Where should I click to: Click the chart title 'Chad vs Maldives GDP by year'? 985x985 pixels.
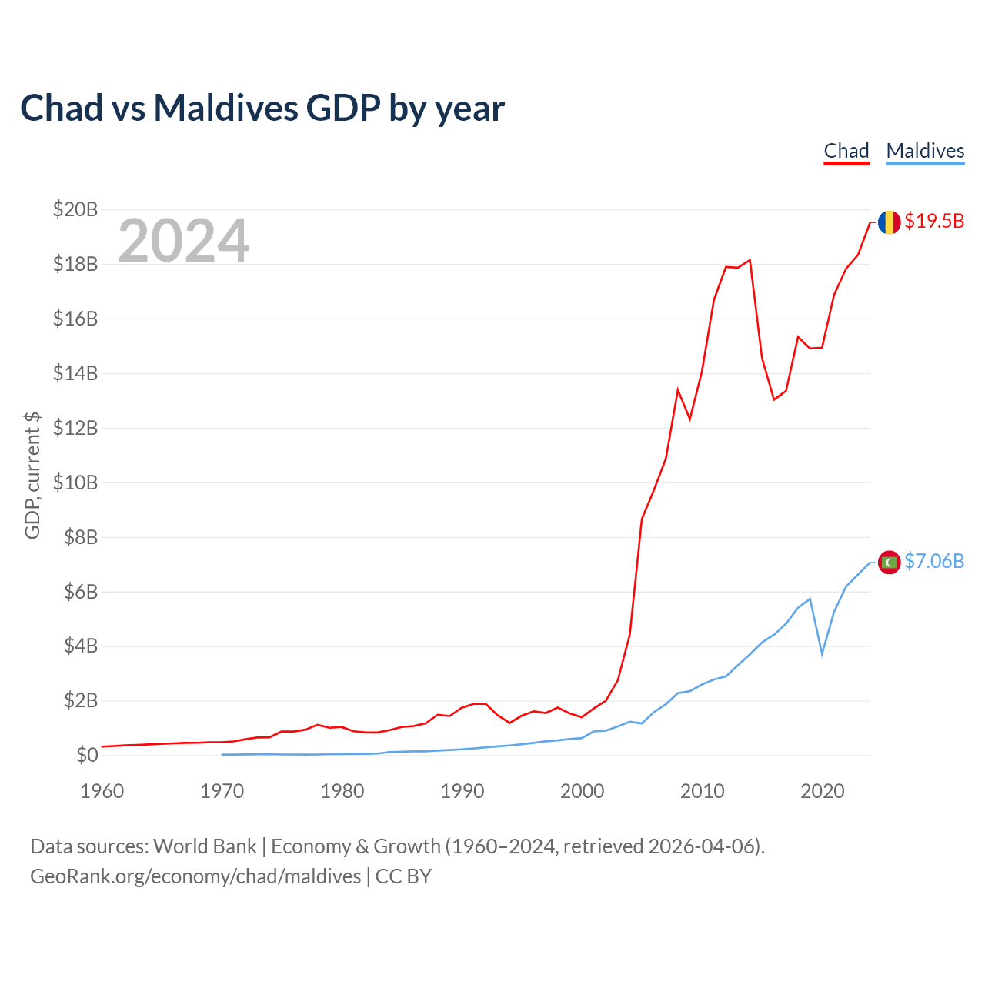[262, 108]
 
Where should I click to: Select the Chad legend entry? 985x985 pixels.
[846, 151]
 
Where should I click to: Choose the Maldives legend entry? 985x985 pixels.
[925, 151]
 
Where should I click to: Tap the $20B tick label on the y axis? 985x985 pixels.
[75, 209]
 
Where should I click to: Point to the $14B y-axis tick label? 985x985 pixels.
[75, 373]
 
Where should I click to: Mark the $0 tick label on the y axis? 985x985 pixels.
[86, 755]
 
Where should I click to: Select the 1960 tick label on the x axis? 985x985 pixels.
[102, 791]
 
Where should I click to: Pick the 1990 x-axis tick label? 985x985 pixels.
[462, 791]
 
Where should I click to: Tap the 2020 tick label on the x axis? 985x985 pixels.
[823, 791]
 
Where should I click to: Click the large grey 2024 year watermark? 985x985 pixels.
[183, 241]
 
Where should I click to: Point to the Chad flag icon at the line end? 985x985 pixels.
[889, 222]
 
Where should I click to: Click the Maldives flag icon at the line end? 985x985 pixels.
[889, 563]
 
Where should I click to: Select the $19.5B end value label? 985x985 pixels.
[934, 222]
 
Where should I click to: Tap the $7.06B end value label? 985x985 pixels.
[934, 562]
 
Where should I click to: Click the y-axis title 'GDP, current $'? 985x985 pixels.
[32, 475]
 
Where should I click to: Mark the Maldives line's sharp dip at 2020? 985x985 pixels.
[822, 653]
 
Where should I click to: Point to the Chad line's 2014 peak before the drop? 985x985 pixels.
[750, 260]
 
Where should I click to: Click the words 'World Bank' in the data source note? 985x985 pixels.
[205, 846]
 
